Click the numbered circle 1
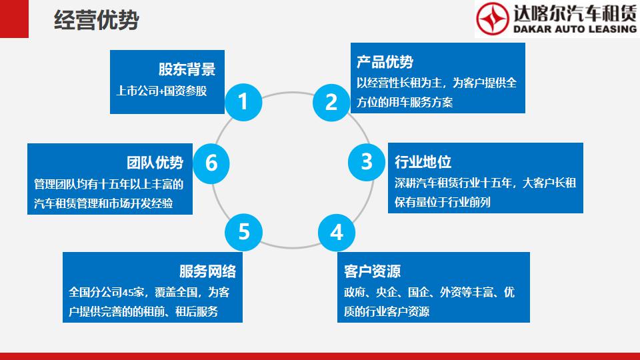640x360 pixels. pyautogui.click(x=243, y=102)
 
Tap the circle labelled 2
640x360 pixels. pyautogui.click(x=331, y=103)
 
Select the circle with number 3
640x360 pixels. pyautogui.click(x=367, y=162)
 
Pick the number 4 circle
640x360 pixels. pyautogui.click(x=336, y=233)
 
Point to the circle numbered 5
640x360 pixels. pyautogui.click(x=244, y=232)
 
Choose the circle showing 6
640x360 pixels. pyautogui.click(x=211, y=163)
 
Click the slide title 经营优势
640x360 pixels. pyautogui.click(x=97, y=20)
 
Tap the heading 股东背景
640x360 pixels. pyautogui.click(x=187, y=69)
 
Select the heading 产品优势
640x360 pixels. pyautogui.click(x=385, y=61)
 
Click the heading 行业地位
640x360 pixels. pyautogui.click(x=423, y=161)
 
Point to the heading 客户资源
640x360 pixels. pyautogui.click(x=372, y=271)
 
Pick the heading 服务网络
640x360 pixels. pyautogui.click(x=208, y=271)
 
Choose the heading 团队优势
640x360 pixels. pyautogui.click(x=155, y=163)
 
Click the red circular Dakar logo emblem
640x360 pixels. pyautogui.click(x=493, y=19)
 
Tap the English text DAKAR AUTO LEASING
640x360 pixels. pyautogui.click(x=575, y=29)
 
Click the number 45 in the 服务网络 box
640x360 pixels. pyautogui.click(x=128, y=292)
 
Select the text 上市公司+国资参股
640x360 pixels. pyautogui.click(x=161, y=91)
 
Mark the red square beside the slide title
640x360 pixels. pyautogui.click(x=14, y=19)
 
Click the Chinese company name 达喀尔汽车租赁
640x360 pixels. pyautogui.click(x=575, y=13)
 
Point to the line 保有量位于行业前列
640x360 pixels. pyautogui.click(x=443, y=202)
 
